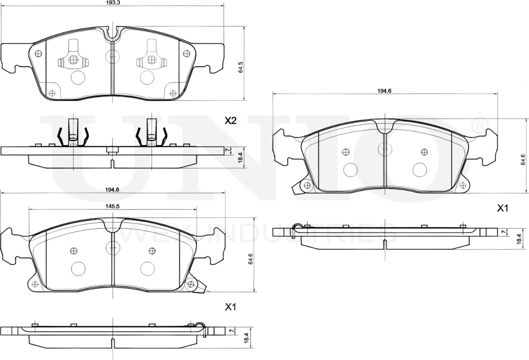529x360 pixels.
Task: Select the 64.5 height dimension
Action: tap(241, 67)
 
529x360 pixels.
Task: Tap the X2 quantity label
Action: tap(230, 120)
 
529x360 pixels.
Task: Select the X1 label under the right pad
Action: tap(502, 208)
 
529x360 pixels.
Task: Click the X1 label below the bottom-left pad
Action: tap(230, 307)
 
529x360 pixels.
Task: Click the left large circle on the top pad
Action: tap(78, 77)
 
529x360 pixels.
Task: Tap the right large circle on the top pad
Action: tap(147, 77)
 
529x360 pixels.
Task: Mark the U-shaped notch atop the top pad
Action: tap(113, 33)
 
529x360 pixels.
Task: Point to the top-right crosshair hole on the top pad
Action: tap(186, 53)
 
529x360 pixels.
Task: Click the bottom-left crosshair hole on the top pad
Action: tap(52, 93)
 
